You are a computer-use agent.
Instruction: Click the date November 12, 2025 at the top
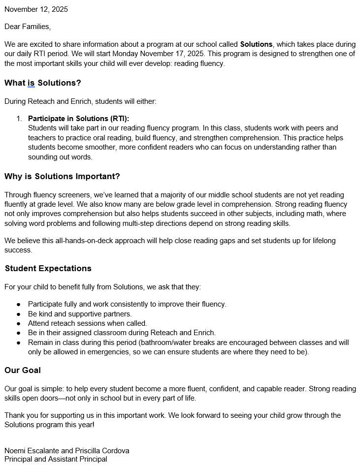tap(36, 9)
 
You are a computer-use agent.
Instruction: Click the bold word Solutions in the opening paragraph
tap(256, 44)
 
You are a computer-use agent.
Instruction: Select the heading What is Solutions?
tap(43, 83)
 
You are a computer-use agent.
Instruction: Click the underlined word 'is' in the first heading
tap(31, 83)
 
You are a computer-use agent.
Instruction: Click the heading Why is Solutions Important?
tap(62, 176)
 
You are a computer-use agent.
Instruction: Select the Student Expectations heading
tap(48, 268)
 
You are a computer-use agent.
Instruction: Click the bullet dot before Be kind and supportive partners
tap(18, 314)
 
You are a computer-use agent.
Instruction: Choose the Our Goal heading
tap(23, 370)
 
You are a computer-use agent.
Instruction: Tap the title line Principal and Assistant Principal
tap(56, 459)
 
